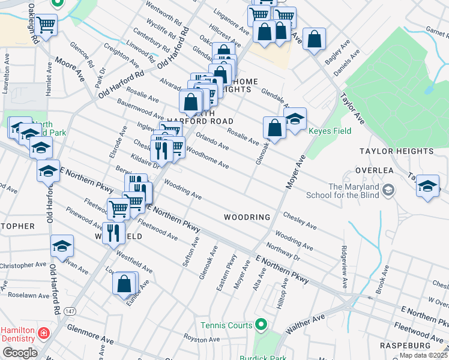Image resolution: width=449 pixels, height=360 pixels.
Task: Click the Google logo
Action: pos(19,353)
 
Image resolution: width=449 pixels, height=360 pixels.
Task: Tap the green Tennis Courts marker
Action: pos(261,325)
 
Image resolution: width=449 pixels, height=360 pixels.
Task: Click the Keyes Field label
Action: pos(328,131)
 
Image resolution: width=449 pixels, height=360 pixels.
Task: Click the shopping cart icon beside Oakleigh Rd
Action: pos(46,25)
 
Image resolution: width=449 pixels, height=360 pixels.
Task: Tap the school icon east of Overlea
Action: pos(428,186)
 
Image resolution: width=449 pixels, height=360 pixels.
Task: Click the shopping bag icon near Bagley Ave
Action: pos(314,39)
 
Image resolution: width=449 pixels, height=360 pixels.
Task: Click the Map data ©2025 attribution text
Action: pos(423,355)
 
